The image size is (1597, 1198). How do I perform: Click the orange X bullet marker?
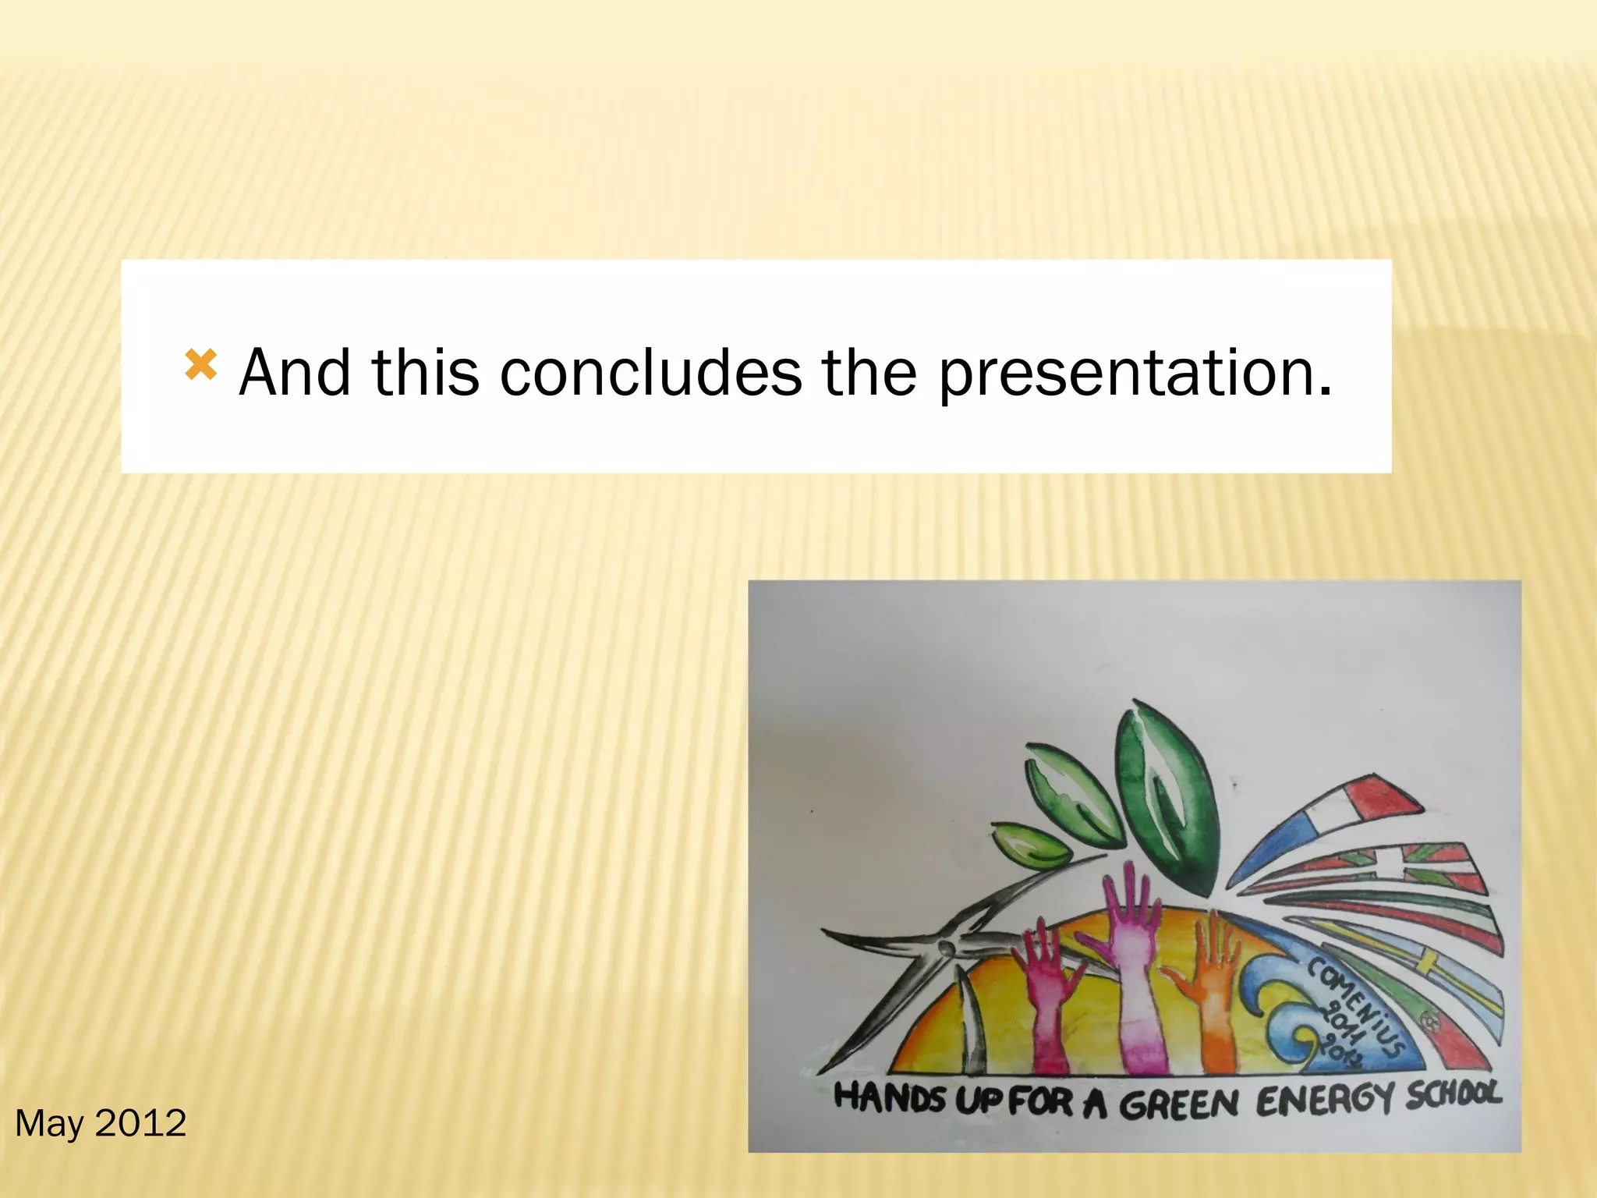coord(200,365)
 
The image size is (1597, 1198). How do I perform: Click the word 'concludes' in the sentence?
coord(650,373)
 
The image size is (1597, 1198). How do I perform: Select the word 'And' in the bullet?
coord(295,373)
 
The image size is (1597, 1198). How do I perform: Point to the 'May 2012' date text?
coord(101,1123)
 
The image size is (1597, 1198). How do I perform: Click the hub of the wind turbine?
coord(946,948)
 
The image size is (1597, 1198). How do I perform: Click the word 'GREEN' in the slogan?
coord(1179,1104)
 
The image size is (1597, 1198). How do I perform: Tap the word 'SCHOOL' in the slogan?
coord(1454,1093)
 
